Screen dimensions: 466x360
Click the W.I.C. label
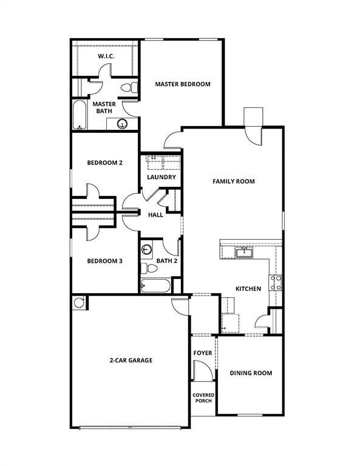tap(107, 57)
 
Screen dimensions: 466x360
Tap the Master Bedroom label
tap(182, 84)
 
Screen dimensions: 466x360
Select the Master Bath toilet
tap(126, 88)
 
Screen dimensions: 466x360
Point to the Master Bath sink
tap(122, 124)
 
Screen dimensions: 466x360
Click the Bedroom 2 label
tap(104, 163)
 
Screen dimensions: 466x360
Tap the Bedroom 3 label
tap(104, 261)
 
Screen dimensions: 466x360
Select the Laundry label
tap(161, 177)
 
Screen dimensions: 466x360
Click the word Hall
tap(155, 214)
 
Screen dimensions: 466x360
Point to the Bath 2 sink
tap(146, 249)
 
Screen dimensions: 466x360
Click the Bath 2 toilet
tap(146, 268)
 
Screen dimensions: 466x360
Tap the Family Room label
tap(233, 181)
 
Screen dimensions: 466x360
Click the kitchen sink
tap(244, 252)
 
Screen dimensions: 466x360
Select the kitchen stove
tap(276, 282)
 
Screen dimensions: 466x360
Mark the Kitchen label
tap(248, 289)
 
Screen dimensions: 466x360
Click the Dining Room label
tap(251, 373)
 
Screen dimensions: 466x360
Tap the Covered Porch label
tap(203, 397)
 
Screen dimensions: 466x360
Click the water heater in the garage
tap(78, 302)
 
